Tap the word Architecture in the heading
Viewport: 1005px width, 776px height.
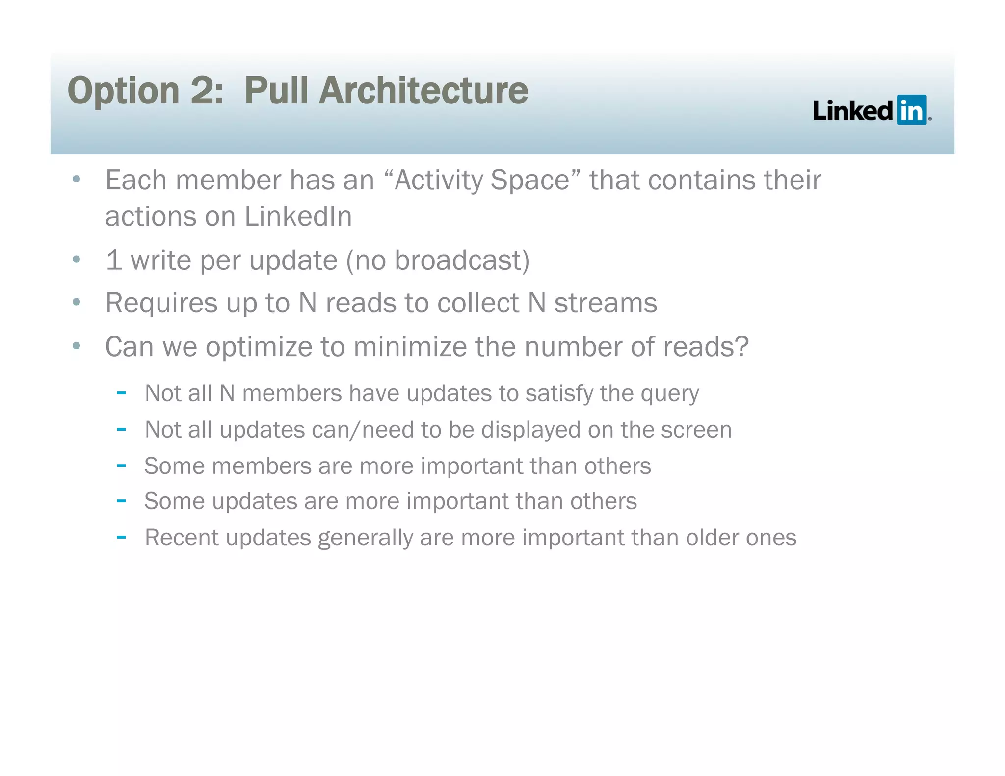pyautogui.click(x=423, y=91)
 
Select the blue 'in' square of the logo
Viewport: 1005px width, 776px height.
pyautogui.click(x=911, y=110)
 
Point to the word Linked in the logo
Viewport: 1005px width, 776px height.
pyautogui.click(x=853, y=110)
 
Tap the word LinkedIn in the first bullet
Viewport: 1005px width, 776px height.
pyautogui.click(x=298, y=216)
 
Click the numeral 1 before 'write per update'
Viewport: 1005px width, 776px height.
pyautogui.click(x=113, y=260)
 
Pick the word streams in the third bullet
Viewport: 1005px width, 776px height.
pyautogui.click(x=606, y=303)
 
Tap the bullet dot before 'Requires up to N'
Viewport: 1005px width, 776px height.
pyautogui.click(x=76, y=302)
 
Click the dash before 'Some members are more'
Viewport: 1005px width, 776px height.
pyautogui.click(x=121, y=465)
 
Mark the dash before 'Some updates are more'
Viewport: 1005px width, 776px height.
pyautogui.click(x=121, y=501)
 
